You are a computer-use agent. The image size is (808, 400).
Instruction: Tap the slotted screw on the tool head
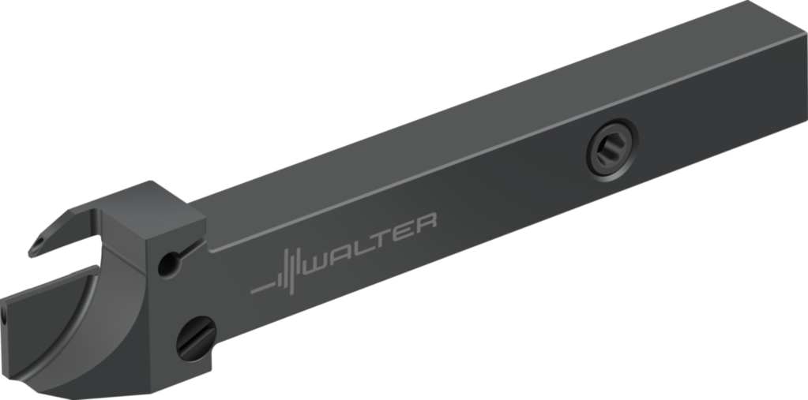click(195, 339)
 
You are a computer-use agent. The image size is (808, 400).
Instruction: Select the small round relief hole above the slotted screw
click(167, 264)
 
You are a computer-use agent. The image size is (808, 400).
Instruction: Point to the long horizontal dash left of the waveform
click(261, 288)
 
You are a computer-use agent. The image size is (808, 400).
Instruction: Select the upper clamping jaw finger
click(67, 229)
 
